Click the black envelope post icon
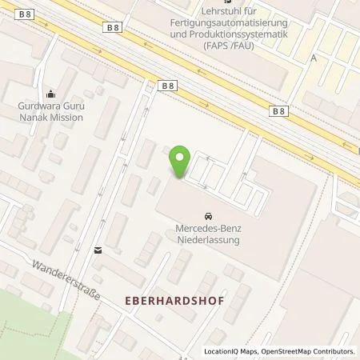[98, 250]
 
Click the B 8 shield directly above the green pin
[166, 85]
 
